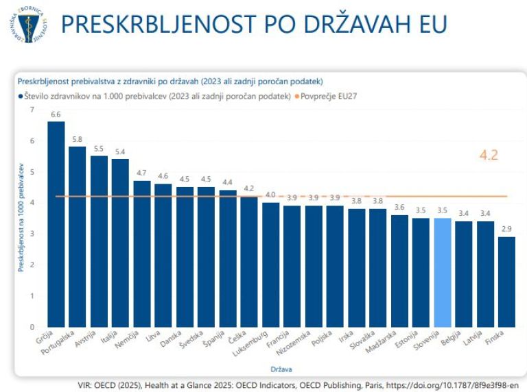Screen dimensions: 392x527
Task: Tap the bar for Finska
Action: coord(506,282)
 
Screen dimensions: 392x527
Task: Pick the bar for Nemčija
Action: coord(141,254)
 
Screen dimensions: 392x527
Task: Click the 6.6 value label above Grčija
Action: coord(56,114)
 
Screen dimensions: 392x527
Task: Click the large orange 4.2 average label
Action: coord(488,155)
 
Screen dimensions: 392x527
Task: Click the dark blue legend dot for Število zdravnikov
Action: coord(21,96)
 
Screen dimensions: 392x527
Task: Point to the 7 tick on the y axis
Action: coord(31,110)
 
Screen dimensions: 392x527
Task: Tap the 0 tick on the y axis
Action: coord(31,326)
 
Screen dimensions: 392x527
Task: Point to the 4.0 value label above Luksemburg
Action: coord(270,195)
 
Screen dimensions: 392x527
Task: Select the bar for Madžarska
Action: coord(399,271)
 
